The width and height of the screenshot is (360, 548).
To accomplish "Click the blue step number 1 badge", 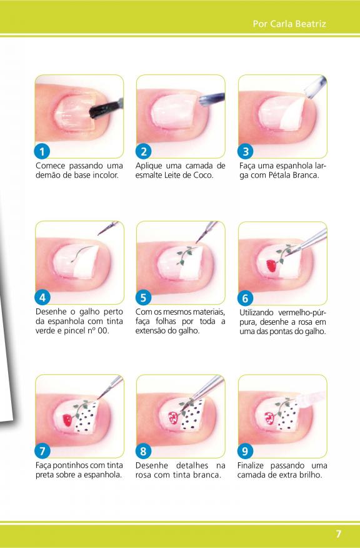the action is tap(42, 151).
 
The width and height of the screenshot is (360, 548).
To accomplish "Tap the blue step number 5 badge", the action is tap(143, 298).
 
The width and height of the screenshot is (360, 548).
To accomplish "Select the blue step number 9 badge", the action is tap(245, 451).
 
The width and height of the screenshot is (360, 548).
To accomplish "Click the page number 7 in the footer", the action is tap(338, 534).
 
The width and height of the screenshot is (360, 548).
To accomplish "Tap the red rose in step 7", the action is tap(67, 420).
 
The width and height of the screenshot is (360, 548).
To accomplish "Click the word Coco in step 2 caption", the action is tap(203, 175).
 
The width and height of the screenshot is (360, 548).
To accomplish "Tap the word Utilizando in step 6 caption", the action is tap(256, 312).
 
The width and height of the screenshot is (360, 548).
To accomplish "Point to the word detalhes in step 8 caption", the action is tap(192, 465).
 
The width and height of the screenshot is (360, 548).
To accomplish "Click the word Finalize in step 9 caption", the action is tap(251, 465).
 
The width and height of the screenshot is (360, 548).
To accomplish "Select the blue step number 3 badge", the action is tap(245, 151).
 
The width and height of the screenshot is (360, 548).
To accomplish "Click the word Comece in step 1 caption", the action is tap(49, 166).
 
